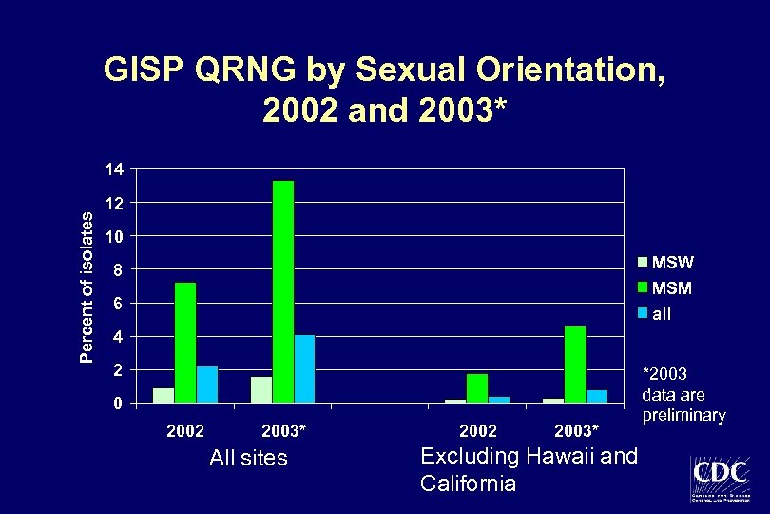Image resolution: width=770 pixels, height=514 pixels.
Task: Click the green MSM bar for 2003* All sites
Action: point(283,291)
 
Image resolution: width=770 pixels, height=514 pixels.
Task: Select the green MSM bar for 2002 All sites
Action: point(185,343)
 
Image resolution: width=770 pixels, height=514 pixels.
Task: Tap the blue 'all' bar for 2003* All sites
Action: point(304,368)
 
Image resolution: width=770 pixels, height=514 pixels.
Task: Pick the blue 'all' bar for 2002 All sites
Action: point(207,385)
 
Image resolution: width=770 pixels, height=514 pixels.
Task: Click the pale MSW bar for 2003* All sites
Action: point(261,389)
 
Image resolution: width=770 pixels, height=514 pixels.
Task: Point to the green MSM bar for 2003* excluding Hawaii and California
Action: point(575,365)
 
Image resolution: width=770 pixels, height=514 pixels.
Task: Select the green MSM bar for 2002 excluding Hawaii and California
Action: point(477,388)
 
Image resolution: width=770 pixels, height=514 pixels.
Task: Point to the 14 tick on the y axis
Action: point(113,169)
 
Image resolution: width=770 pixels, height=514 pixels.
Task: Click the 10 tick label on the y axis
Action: point(113,236)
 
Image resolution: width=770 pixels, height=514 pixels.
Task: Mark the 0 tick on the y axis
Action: point(118,404)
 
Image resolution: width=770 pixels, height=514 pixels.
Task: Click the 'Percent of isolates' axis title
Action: point(87,287)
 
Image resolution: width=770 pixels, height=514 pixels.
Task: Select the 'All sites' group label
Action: point(248,458)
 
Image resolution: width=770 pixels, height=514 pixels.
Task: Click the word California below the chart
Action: point(468,484)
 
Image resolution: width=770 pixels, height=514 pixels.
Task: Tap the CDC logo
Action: point(720,479)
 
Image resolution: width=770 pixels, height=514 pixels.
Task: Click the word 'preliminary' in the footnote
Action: point(683,415)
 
